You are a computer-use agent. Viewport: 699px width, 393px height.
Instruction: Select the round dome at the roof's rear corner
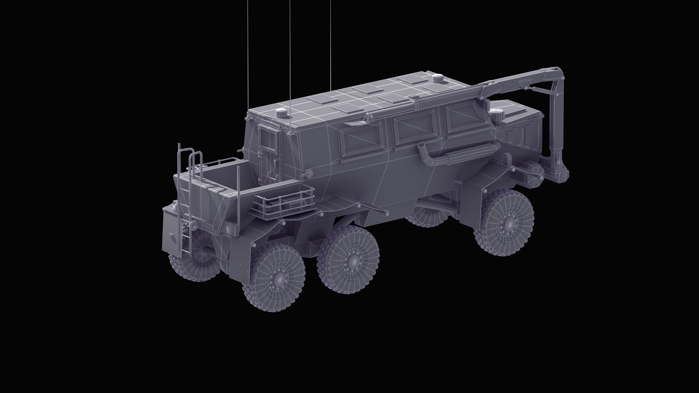pos(282,112)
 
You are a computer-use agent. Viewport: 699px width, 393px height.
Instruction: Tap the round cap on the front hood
pos(496,114)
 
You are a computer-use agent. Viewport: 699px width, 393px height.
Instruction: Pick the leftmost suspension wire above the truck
pos(248,55)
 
